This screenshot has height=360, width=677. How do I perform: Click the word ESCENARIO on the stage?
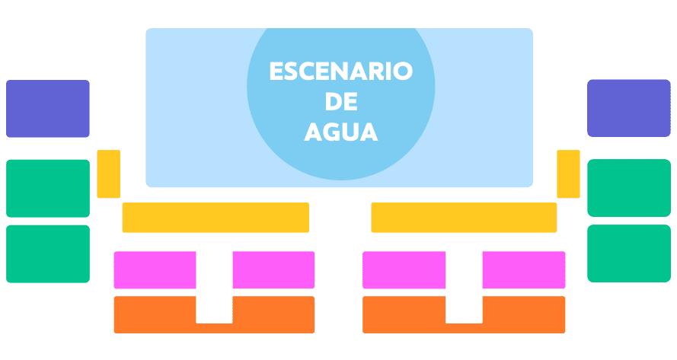(x=341, y=72)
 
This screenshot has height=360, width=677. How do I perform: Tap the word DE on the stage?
(x=341, y=101)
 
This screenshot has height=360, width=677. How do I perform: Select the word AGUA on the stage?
(x=341, y=132)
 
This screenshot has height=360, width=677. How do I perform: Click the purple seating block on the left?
(x=48, y=109)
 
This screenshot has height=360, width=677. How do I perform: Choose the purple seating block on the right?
(x=629, y=108)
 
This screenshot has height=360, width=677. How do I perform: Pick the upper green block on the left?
(x=48, y=189)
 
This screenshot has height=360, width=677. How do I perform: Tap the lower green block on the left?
(x=48, y=253)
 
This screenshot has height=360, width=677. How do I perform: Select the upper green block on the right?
(x=629, y=188)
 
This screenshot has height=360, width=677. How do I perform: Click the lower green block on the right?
(x=629, y=253)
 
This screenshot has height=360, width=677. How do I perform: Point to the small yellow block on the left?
(x=109, y=174)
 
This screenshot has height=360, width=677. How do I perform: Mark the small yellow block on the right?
(x=568, y=174)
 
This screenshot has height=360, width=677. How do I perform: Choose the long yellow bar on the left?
(x=216, y=218)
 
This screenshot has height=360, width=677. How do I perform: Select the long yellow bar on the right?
(x=464, y=218)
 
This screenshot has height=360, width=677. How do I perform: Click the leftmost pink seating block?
(x=155, y=269)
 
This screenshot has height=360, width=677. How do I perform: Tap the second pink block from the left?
(x=273, y=269)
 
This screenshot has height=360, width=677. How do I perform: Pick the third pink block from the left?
(x=404, y=269)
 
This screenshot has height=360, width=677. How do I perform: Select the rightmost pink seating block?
(x=524, y=269)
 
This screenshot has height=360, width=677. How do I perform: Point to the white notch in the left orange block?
(x=215, y=310)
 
